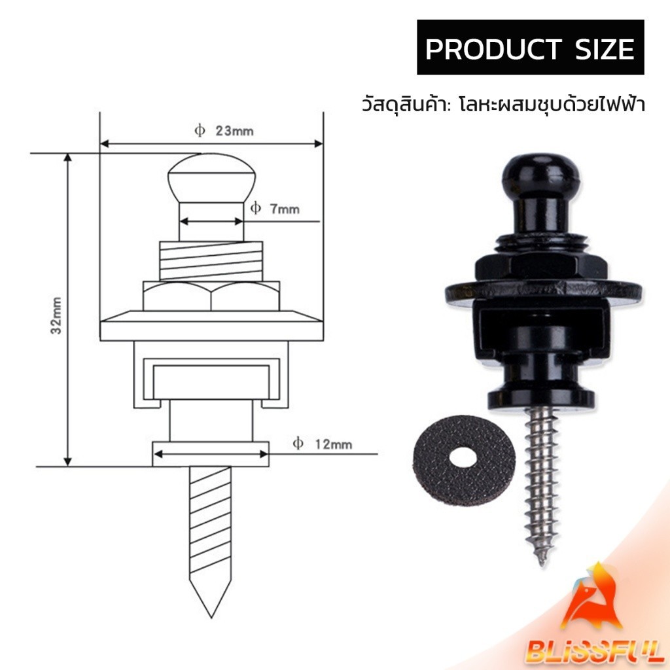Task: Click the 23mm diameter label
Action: [224, 131]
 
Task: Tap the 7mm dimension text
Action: [275, 209]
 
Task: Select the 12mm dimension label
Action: [323, 444]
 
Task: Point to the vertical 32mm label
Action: [56, 315]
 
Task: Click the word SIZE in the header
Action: [605, 49]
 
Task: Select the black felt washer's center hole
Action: [464, 457]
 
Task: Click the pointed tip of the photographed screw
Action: [542, 564]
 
